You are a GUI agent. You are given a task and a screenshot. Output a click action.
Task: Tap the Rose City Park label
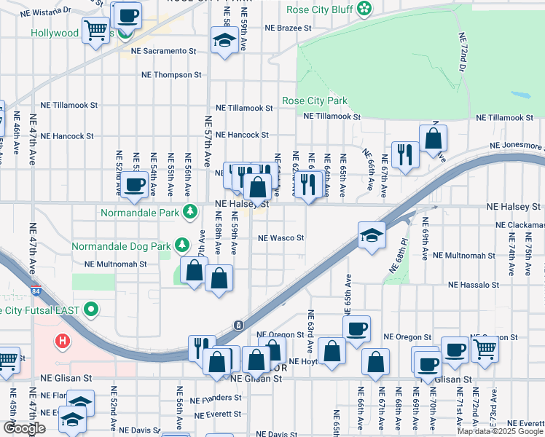[x=315, y=101]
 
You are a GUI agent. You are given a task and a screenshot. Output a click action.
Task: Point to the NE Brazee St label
[x=288, y=28]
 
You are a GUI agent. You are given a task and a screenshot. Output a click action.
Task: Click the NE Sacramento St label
[x=164, y=51]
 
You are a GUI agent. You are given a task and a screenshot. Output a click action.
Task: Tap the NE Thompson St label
[x=171, y=74]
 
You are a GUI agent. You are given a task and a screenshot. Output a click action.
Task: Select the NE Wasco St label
[x=281, y=237]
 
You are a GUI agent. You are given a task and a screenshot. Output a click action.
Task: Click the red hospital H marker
[x=63, y=340]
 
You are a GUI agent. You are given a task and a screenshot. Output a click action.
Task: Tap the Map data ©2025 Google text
[x=500, y=431]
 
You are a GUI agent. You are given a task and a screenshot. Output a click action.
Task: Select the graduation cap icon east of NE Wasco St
[x=372, y=235]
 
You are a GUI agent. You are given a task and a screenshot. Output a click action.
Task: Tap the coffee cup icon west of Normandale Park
[x=134, y=184]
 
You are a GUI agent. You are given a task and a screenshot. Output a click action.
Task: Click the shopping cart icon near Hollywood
[x=95, y=31]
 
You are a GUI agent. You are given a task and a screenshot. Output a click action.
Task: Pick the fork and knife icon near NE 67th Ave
[x=402, y=154]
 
